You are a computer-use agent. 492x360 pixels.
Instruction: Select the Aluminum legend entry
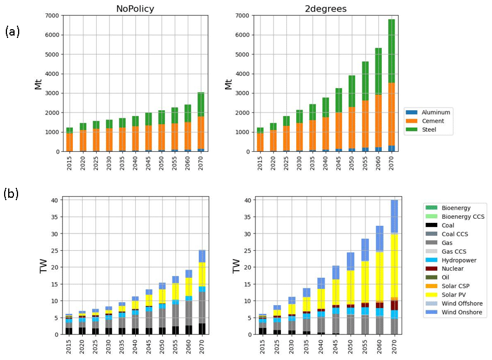(x=435, y=112)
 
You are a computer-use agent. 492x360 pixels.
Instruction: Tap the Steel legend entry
(x=430, y=130)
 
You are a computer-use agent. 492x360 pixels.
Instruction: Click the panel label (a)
(x=12, y=32)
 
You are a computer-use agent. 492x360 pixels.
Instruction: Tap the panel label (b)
(x=12, y=194)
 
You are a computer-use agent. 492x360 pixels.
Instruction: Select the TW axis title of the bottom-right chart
(x=237, y=265)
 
